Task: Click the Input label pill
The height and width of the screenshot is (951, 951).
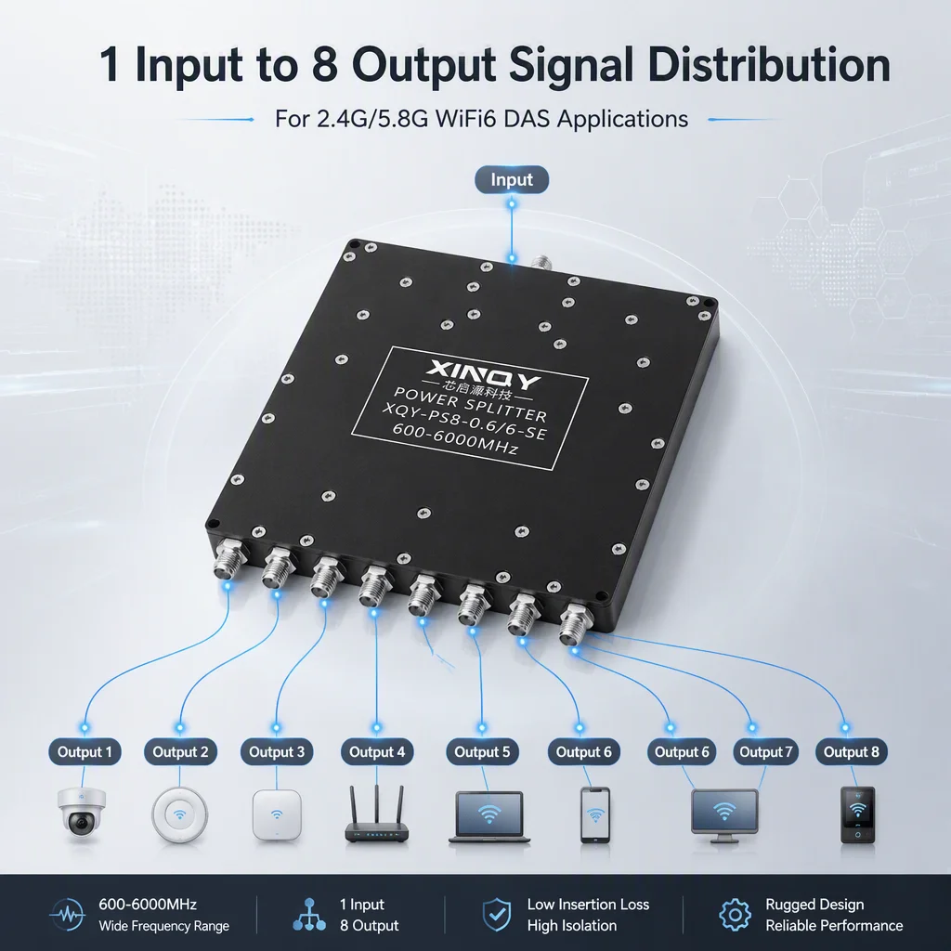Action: point(512,179)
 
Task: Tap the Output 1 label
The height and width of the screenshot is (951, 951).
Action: point(85,752)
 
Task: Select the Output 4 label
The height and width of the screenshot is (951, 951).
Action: point(377,752)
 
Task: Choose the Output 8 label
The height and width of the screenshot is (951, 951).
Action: point(851,752)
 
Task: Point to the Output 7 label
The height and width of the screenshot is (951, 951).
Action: point(765,752)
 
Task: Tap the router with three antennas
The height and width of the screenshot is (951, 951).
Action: point(377,814)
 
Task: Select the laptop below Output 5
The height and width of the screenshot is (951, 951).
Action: point(489,817)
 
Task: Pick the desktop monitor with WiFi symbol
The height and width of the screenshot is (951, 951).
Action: point(724,815)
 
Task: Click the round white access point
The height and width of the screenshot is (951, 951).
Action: point(179,814)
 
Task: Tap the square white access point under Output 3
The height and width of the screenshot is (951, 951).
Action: point(277,814)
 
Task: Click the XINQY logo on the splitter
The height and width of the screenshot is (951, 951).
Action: point(483,374)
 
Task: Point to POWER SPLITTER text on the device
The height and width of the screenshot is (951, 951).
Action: point(470,405)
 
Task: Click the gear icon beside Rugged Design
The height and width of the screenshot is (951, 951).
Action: point(735,915)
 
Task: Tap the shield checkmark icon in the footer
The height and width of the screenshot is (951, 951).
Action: point(496,915)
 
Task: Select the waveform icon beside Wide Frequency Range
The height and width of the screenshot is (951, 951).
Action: point(67,915)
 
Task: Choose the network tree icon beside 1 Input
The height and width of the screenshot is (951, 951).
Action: point(309,915)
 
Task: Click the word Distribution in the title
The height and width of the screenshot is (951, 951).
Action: point(769,64)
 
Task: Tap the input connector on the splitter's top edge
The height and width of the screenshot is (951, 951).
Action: point(541,263)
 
